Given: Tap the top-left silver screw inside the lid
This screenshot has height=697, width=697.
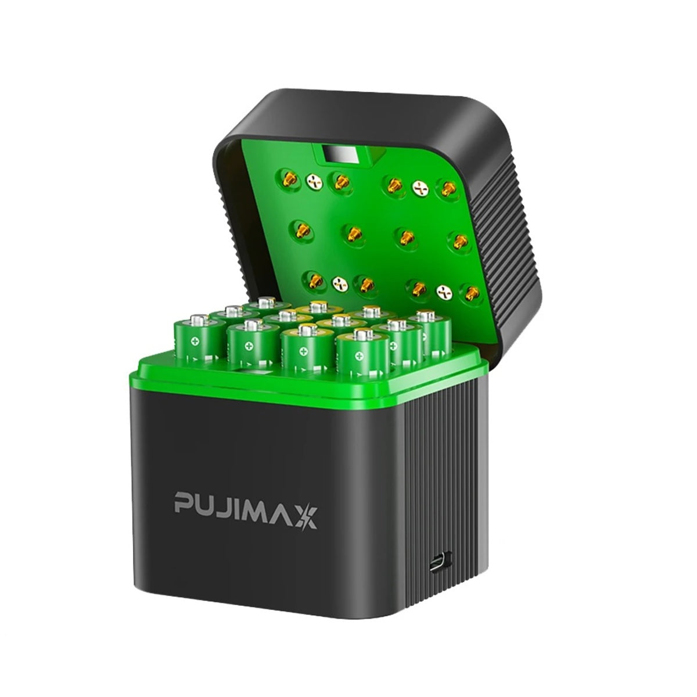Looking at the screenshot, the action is click(314, 182).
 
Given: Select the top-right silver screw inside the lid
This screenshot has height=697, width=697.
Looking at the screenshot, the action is click(421, 188).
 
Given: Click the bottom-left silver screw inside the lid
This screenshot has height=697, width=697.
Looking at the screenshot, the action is click(340, 284).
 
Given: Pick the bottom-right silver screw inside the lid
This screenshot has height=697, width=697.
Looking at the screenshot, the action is click(445, 292).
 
